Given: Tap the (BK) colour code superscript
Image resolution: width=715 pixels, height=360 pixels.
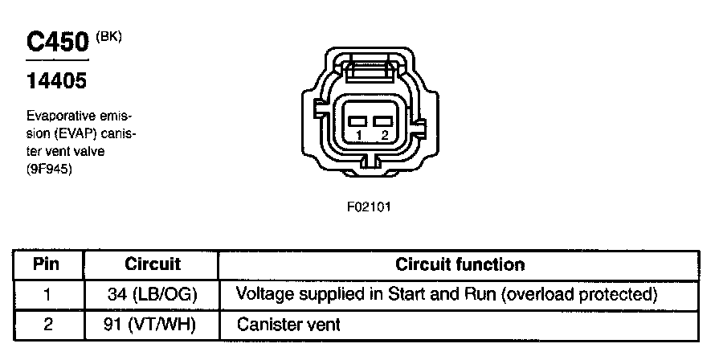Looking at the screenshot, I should coord(108,35).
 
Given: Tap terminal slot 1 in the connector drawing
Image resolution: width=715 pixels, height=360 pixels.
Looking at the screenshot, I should coord(358,121).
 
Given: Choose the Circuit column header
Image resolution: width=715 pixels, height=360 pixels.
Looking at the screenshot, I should coord(153,264).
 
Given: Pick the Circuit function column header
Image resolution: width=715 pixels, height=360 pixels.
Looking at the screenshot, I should coord(460,264).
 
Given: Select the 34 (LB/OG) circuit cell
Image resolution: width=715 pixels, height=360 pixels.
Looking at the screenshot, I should coord(152,294).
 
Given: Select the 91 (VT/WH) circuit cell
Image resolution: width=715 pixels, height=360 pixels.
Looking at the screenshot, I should coord(152,325).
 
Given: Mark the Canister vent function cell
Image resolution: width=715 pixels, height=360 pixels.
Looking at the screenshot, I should coord(288,325).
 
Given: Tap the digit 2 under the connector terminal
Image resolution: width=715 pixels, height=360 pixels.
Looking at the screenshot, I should coord(385,135).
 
